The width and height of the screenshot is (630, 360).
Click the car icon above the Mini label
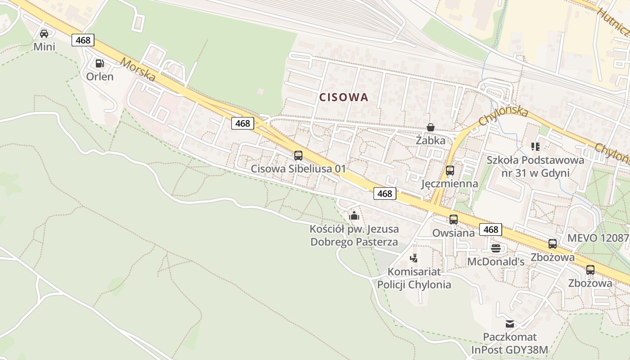tap(44, 34)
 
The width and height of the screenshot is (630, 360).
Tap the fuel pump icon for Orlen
tap(100, 63)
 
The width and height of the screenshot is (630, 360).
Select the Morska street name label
tap(138, 69)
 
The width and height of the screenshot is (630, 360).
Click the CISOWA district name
tap(344, 97)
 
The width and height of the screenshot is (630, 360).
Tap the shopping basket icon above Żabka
tap(431, 127)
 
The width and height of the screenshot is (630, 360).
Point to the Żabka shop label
tap(431, 140)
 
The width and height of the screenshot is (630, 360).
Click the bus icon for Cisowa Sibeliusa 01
tap(298, 156)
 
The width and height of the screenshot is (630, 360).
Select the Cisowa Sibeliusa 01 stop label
tap(298, 169)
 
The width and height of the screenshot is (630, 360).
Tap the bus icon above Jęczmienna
tap(450, 171)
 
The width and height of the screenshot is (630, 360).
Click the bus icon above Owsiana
tap(453, 220)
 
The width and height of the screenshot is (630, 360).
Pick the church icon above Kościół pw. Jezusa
tap(354, 216)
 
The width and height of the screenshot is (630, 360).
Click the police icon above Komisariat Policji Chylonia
tap(414, 258)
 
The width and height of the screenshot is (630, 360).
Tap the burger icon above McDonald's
tap(496, 248)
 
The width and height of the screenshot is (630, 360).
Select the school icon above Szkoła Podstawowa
tap(535, 146)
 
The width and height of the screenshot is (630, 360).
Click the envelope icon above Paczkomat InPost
tap(510, 324)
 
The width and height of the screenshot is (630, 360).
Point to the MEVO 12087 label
tap(597, 238)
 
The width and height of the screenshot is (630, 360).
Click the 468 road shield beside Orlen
tap(83, 40)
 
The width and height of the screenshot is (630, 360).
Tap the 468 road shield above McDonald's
tap(490, 229)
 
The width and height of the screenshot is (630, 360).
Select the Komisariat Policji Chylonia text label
tap(414, 278)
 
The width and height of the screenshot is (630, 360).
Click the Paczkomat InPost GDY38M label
tap(510, 343)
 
